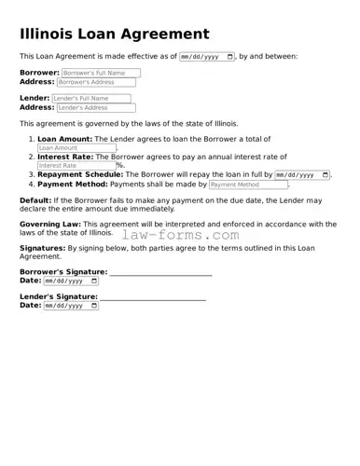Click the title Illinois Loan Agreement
pos(115,34)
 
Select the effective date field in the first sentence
pos(206,57)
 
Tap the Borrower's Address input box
pos(97,82)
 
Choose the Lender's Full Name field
pos(91,98)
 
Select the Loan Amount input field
pos(76,147)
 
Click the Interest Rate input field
pos(76,165)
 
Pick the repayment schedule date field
pos(302,174)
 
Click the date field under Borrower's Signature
pos(70,280)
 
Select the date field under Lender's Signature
pos(70,305)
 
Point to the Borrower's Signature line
pos(160,274)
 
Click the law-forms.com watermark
pos(180,235)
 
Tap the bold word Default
pos(35,200)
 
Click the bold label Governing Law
pos(50,224)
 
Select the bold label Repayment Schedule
pos(79,174)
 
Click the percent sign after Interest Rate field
pos(120,166)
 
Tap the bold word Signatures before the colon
pos(41,248)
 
